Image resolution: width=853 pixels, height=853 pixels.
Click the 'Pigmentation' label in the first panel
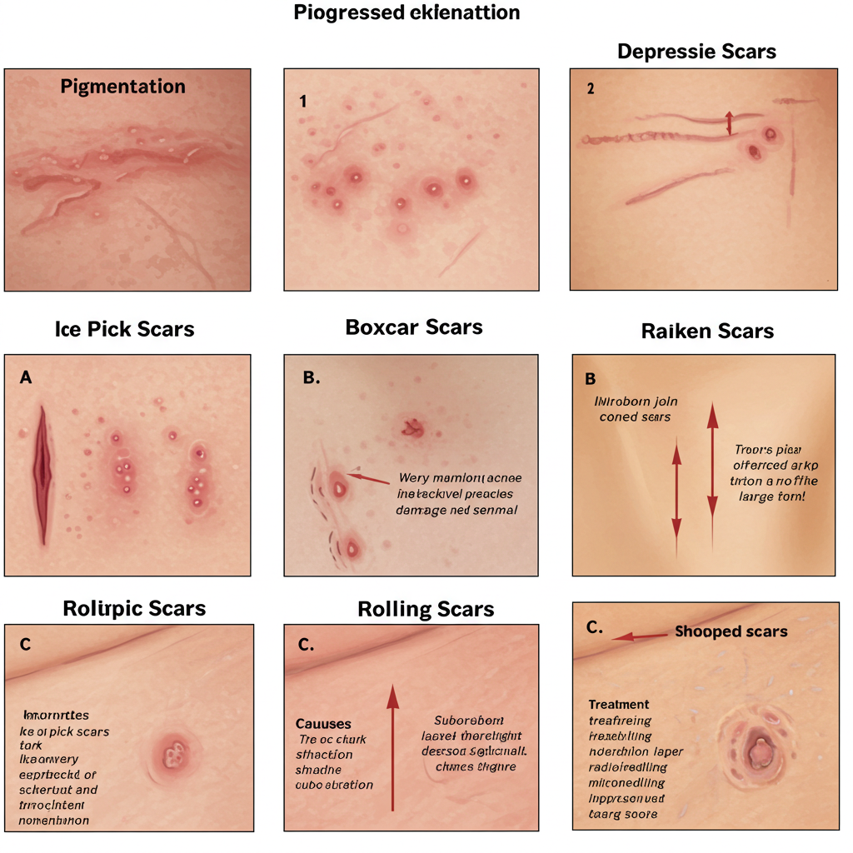(122, 87)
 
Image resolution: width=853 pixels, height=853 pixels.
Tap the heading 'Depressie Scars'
(696, 52)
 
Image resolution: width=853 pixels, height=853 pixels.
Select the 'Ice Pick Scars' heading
(124, 329)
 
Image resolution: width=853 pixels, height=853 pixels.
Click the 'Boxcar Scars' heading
(413, 327)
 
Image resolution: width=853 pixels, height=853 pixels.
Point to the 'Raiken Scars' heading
(707, 331)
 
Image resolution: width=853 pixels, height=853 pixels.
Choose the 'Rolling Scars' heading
(426, 609)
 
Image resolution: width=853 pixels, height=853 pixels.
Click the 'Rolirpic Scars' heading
(134, 608)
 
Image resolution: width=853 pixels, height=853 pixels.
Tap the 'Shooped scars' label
(731, 631)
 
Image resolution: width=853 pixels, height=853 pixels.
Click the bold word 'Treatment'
(618, 704)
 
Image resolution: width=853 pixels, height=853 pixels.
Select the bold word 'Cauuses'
(323, 724)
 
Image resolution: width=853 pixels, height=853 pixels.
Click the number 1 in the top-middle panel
(303, 102)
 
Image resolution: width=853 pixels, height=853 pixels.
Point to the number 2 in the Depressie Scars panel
(591, 90)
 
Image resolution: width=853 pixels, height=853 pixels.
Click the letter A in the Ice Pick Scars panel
(26, 377)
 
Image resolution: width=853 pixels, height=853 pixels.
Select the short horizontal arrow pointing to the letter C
(639, 636)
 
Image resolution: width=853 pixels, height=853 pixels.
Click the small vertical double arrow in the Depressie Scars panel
(730, 122)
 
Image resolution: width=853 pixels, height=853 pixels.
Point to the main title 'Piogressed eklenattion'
(407, 12)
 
